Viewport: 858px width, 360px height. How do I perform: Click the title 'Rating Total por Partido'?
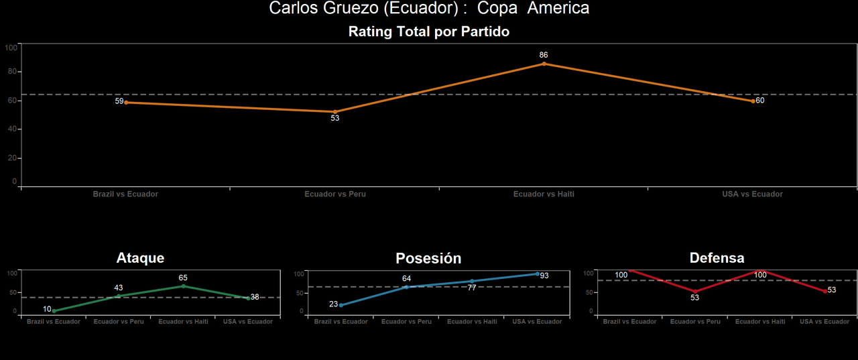pos(429,32)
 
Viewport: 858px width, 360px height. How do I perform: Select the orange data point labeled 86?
pos(544,64)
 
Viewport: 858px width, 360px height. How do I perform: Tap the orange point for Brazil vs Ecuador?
pos(126,102)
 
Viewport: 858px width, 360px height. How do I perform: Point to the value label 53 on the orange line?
pos(335,118)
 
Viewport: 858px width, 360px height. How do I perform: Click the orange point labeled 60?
pos(753,101)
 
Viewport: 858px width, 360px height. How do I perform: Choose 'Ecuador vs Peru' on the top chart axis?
pos(335,194)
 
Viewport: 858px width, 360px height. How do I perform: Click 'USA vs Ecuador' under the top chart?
pos(752,194)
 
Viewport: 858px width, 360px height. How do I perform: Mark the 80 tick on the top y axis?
pos(11,72)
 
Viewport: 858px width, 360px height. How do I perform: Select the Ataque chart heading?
pos(140,258)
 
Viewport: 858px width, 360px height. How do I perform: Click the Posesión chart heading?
pos(428,258)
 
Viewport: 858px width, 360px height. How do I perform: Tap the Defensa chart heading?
pos(717,258)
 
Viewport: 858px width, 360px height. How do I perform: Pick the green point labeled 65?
pos(183,286)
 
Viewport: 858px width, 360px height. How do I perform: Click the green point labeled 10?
pos(54,310)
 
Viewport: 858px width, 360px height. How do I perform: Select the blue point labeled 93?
pos(537,274)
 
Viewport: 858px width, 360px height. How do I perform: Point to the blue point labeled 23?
pos(341,305)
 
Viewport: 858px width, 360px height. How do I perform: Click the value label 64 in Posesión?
pos(406,278)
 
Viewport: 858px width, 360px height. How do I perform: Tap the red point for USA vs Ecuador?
pos(824,291)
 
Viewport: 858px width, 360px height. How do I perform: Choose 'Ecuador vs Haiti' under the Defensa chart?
pos(760,322)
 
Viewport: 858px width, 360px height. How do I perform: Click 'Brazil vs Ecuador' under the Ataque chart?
pos(54,322)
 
